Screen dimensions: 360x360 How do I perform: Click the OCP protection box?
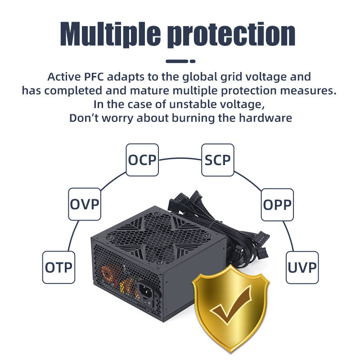tap(142, 160)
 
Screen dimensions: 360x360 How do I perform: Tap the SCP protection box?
tap(217, 160)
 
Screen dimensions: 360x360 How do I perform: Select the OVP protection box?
tap(84, 204)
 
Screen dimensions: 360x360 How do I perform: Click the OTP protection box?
tap(58, 267)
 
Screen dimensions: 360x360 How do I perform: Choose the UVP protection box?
tap(302, 267)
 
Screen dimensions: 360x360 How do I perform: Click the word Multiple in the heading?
tap(110, 34)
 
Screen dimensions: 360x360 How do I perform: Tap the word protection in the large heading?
tap(231, 34)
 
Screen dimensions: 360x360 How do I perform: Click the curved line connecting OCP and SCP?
tap(180, 157)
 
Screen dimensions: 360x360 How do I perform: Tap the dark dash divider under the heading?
tap(180, 61)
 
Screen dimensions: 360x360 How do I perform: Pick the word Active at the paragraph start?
tap(61, 76)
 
